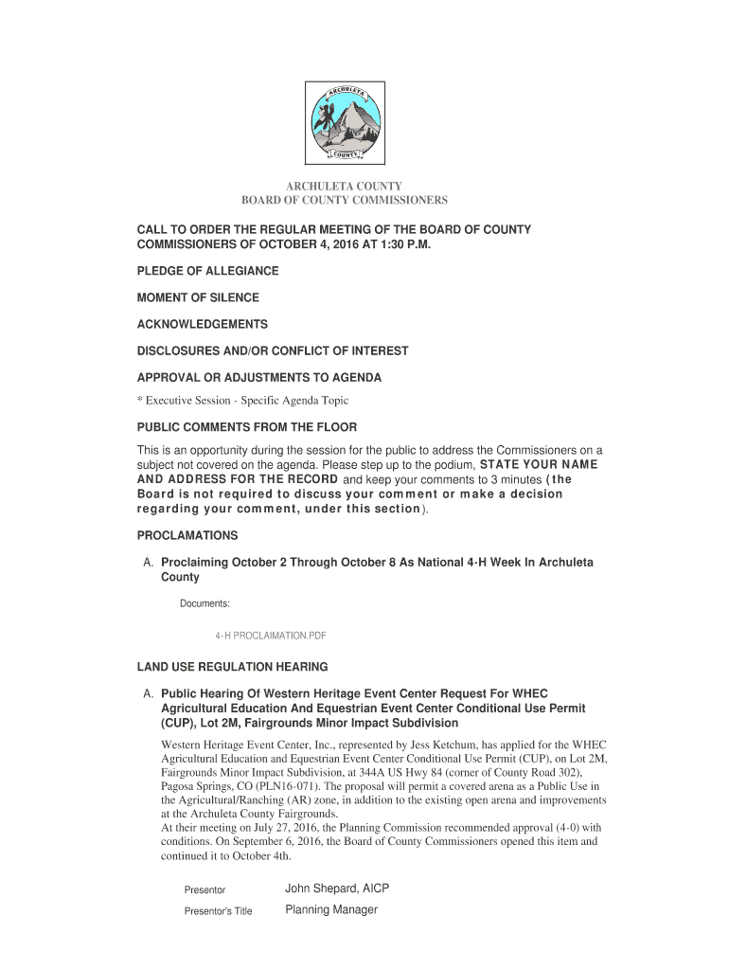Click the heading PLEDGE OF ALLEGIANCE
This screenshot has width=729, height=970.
[x=207, y=271]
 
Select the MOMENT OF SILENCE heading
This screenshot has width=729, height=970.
[x=198, y=297]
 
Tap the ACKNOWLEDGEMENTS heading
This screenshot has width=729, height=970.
[x=202, y=324]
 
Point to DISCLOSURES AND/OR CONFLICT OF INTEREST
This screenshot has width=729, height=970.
[x=273, y=350]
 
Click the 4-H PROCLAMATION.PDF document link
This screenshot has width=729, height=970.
[x=271, y=637]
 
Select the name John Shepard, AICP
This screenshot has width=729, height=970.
[x=337, y=889]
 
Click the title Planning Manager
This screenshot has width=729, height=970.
[x=331, y=909]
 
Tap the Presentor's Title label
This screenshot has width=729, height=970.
[x=218, y=911]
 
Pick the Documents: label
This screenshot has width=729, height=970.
[x=205, y=603]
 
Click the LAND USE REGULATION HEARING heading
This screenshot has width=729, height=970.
[x=232, y=667]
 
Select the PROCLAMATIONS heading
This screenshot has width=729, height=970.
[x=187, y=535]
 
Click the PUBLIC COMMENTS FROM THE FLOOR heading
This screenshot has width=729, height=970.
[x=247, y=427]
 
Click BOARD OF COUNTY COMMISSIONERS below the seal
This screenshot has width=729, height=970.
[x=344, y=201]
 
